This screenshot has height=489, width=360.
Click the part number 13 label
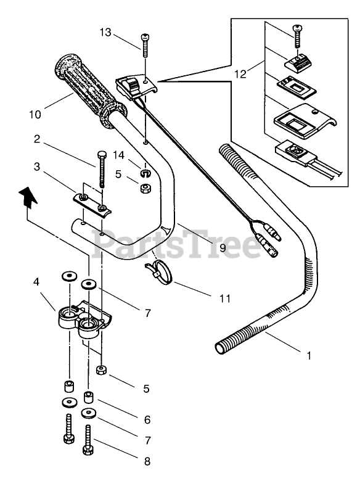[105, 32]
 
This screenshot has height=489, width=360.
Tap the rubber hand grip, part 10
[91, 91]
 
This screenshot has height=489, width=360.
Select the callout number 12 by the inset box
[240, 74]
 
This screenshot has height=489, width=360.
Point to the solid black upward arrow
[28, 197]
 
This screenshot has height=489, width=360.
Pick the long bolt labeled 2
[102, 169]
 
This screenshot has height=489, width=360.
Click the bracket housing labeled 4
[85, 319]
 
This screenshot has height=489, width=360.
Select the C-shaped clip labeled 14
[145, 173]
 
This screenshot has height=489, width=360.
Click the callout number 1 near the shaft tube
[309, 356]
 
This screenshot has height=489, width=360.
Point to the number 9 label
[231, 248]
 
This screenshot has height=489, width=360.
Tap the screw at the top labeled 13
[145, 45]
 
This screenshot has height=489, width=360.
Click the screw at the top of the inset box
[297, 36]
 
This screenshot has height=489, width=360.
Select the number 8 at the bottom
[147, 461]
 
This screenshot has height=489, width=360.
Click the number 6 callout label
[147, 420]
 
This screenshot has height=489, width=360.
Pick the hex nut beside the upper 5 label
[145, 188]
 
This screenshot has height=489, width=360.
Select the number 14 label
[118, 155]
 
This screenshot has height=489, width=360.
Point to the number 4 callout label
[36, 282]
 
